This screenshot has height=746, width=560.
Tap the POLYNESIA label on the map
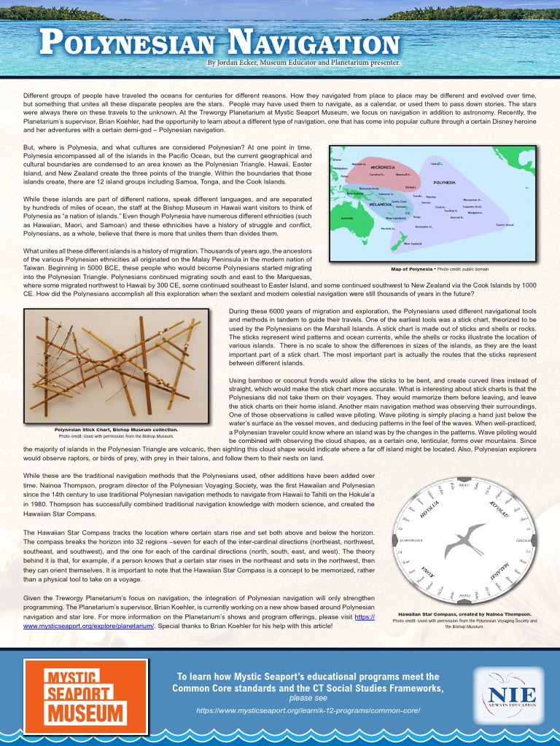446,182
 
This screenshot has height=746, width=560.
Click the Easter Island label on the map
505,224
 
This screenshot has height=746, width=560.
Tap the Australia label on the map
343,217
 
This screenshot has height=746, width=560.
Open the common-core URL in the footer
308,710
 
